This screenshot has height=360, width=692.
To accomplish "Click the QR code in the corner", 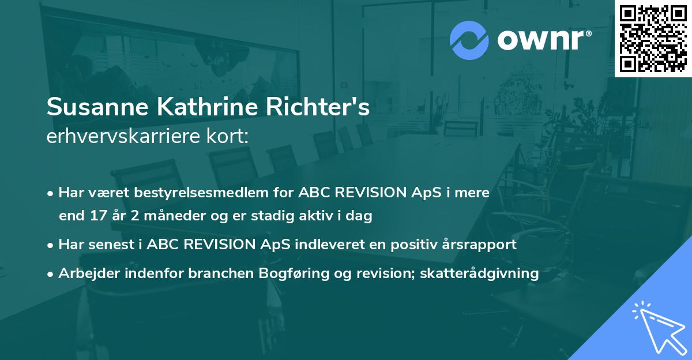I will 653,38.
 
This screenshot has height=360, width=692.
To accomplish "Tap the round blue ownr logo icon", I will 469,39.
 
